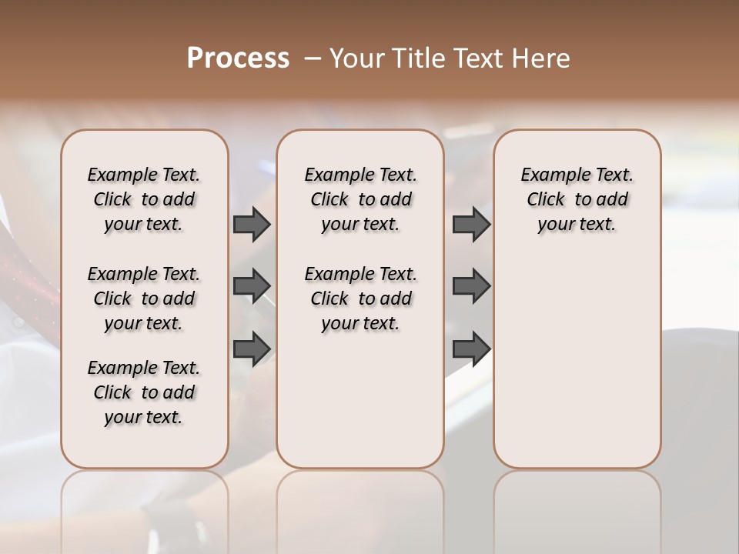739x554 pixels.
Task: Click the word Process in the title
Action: point(238,58)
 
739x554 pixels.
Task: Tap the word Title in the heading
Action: point(417,58)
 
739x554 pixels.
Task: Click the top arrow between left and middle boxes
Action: point(252,224)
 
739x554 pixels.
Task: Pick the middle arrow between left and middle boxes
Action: point(252,285)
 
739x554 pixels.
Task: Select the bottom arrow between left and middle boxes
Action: point(252,348)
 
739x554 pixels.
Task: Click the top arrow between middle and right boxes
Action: point(471,224)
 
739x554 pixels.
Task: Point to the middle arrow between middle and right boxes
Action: point(471,285)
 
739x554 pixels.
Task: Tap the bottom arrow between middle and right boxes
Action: point(471,348)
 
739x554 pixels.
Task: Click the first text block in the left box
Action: point(144,199)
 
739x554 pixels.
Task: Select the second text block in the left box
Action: point(144,299)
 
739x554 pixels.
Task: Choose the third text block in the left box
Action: point(144,392)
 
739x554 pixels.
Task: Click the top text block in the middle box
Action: point(360,199)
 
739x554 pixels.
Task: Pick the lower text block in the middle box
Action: point(360,299)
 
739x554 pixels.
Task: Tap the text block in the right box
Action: point(577,199)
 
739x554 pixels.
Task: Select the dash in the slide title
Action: point(312,58)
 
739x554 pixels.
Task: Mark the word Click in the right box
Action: point(546,200)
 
